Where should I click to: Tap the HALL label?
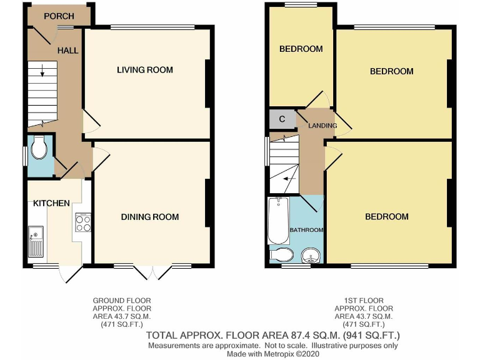pos(68,50)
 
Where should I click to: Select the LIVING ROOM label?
pos(145,69)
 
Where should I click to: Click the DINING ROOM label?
pos(150,217)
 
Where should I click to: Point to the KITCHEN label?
pos(51,203)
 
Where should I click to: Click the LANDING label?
pos(322,126)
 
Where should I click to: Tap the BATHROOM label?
pos(306,230)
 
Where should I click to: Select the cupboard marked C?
pos(282,119)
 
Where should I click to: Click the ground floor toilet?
pos(39,149)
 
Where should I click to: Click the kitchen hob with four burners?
pos(83,222)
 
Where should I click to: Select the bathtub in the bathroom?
pos(277,221)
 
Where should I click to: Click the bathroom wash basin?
pos(310,255)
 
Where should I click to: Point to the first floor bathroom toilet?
pos(281,254)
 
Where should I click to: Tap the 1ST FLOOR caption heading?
pos(364,301)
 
